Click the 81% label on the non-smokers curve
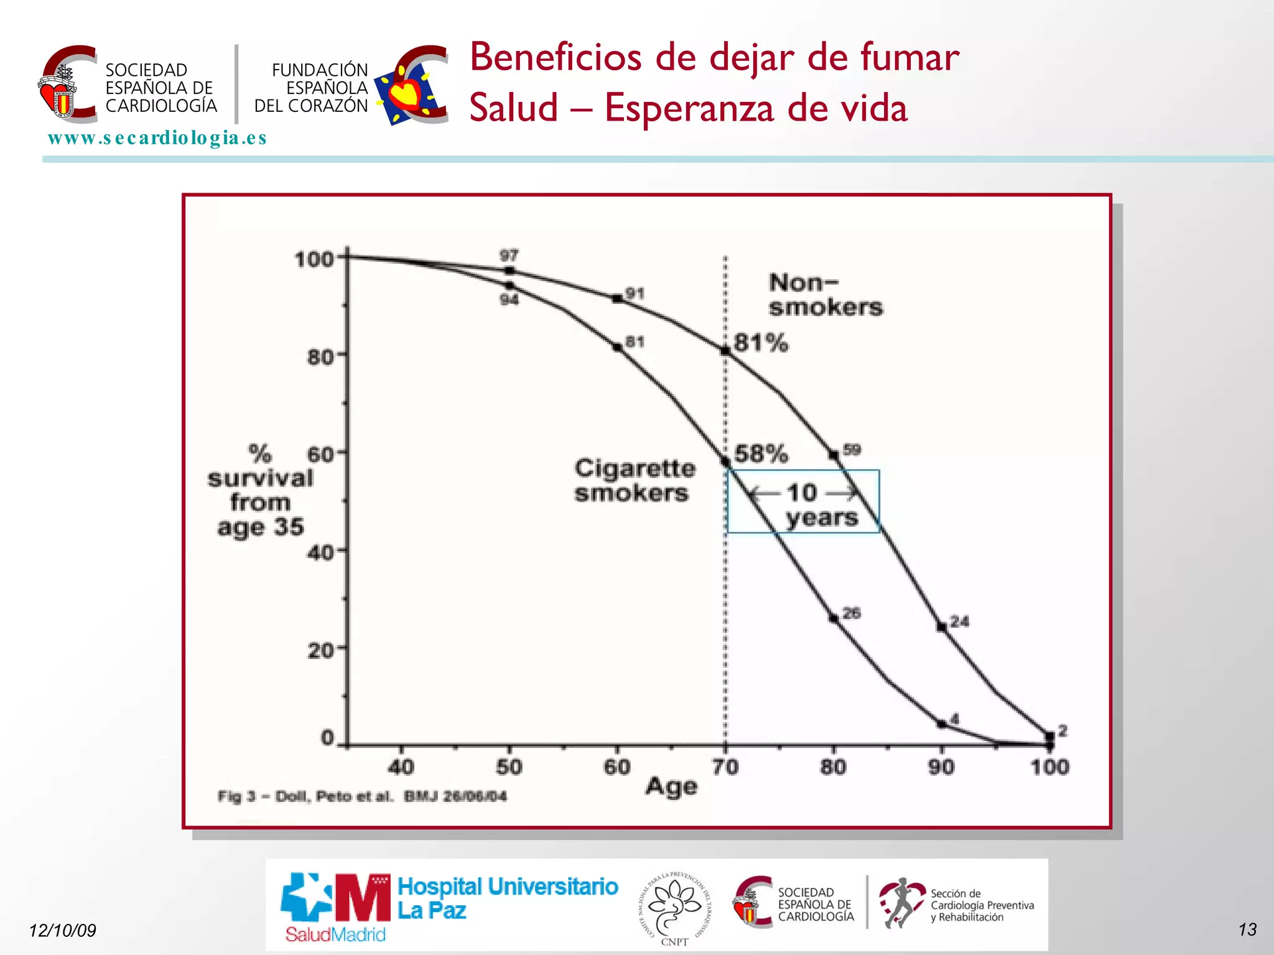pyautogui.click(x=760, y=343)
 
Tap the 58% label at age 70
pyautogui.click(x=760, y=454)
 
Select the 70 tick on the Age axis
pyautogui.click(x=725, y=767)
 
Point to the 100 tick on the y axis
pyautogui.click(x=314, y=259)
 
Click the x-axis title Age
pyautogui.click(x=671, y=787)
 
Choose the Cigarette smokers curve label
pyautogui.click(x=634, y=480)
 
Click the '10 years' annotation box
pyautogui.click(x=803, y=502)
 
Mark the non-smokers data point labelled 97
pyautogui.click(x=509, y=270)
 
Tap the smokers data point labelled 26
pyautogui.click(x=834, y=618)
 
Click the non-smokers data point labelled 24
pyautogui.click(x=942, y=627)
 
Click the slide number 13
pyautogui.click(x=1247, y=930)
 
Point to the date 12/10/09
pyautogui.click(x=63, y=930)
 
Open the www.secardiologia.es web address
pyautogui.click(x=157, y=138)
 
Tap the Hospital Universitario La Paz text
pyautogui.click(x=507, y=898)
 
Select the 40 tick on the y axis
pyautogui.click(x=320, y=552)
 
